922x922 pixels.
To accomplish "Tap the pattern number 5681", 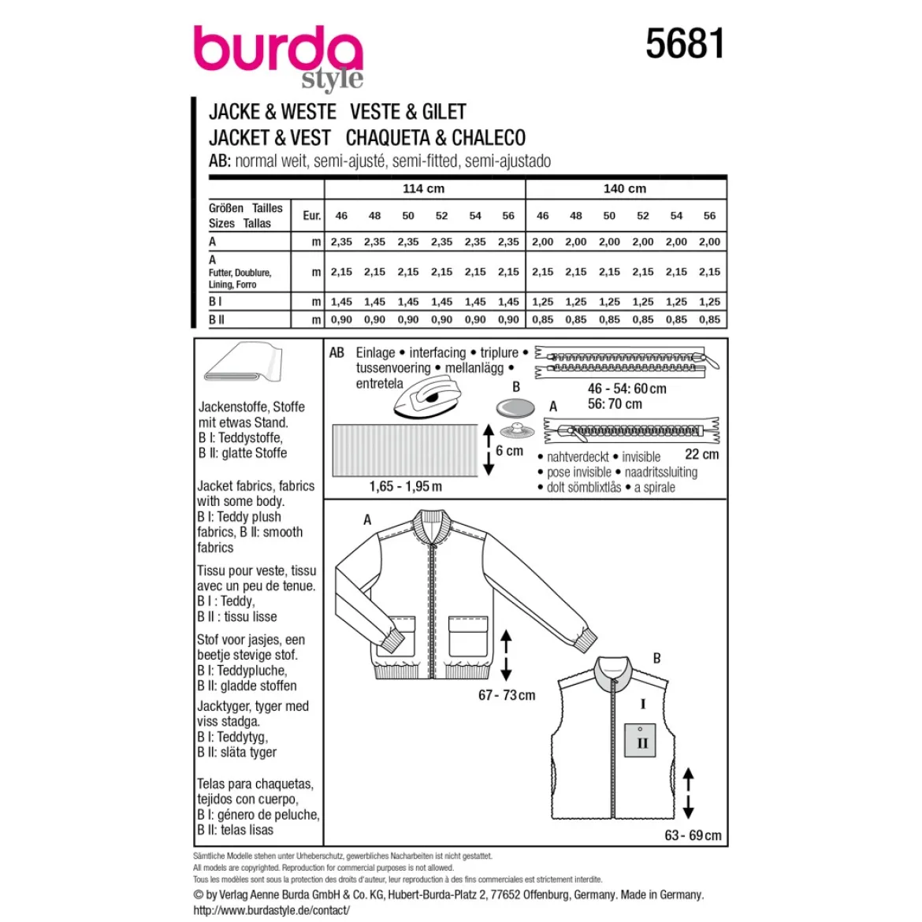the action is pyautogui.click(x=685, y=43).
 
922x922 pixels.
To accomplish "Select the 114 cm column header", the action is pyautogui.click(x=423, y=189).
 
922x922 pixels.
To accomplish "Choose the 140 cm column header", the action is pyautogui.click(x=624, y=189).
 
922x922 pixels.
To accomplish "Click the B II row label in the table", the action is pyautogui.click(x=217, y=320).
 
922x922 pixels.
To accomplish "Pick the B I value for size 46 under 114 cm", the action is pyautogui.click(x=341, y=302).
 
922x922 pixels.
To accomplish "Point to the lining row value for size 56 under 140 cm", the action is pyautogui.click(x=710, y=272).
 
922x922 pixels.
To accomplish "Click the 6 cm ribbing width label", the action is pyautogui.click(x=509, y=451).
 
